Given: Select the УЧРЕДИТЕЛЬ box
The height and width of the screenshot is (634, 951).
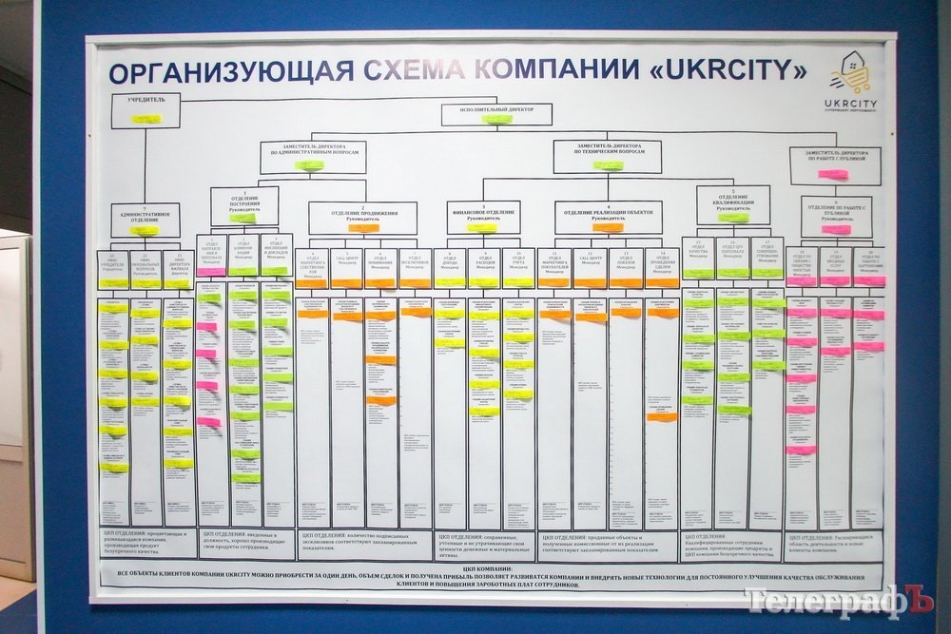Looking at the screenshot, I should [x=146, y=110].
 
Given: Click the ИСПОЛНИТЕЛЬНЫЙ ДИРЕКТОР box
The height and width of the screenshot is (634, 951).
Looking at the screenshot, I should [x=496, y=114].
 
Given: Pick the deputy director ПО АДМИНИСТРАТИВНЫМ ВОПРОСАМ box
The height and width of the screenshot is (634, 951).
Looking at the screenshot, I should [x=313, y=156].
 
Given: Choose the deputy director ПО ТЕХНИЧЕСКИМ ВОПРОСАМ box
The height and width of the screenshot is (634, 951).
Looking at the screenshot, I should [x=607, y=156].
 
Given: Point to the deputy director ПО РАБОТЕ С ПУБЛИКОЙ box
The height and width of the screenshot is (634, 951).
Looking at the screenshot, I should [x=834, y=164].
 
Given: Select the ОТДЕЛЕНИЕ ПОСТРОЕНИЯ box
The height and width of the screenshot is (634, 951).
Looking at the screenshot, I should [x=244, y=206].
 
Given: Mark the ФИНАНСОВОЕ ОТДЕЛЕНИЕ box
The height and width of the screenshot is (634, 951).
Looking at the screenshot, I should [x=483, y=218].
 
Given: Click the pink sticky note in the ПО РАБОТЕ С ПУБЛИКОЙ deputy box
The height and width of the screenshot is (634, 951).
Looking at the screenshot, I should [x=832, y=174].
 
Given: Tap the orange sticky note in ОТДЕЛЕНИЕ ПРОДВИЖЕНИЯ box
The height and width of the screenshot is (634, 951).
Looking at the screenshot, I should [x=362, y=228].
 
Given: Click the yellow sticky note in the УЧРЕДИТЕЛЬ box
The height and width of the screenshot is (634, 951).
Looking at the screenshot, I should [x=146, y=119].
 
